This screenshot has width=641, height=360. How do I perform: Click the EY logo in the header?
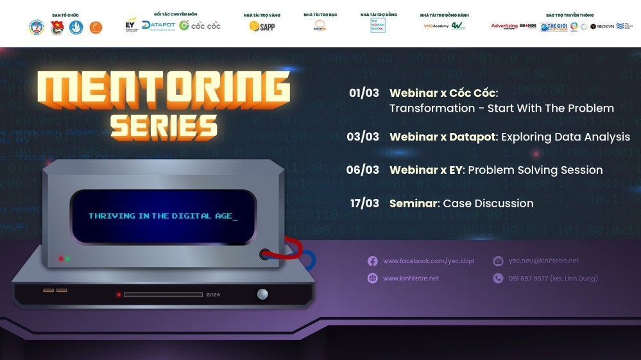tap(131, 25)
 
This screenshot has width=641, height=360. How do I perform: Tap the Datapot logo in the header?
tap(158, 25)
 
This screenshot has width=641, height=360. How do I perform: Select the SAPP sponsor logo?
tap(262, 26)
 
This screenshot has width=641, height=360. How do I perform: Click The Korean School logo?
tap(378, 26)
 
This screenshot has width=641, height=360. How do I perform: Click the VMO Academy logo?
tap(436, 26)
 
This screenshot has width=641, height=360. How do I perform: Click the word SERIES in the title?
tap(164, 126)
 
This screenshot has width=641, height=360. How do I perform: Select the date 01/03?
tap(364, 92)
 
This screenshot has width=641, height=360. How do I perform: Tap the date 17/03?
tap(364, 203)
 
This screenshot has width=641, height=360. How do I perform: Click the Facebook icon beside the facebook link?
tap(372, 261)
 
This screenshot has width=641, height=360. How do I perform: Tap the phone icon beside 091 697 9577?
tap(498, 279)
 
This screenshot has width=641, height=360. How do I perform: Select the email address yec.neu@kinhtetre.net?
tap(543, 261)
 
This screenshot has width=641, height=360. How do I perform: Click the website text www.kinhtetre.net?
tap(411, 279)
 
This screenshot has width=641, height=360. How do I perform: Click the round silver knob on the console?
tap(262, 294)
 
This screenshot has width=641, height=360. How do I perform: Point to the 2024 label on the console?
tap(213, 295)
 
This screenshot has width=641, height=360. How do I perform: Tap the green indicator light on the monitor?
tap(68, 259)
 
